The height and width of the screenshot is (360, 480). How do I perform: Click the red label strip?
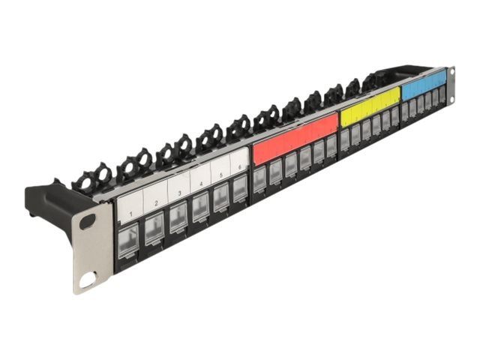click(x=295, y=139)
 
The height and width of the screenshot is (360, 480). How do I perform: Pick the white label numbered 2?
click(x=155, y=193)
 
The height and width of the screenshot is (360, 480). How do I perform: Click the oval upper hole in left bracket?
click(x=88, y=222)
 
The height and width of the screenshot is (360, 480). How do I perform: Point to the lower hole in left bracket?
click(x=88, y=281)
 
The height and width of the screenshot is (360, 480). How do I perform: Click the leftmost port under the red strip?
click(x=259, y=179)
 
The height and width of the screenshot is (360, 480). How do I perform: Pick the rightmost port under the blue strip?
click(x=442, y=96)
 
